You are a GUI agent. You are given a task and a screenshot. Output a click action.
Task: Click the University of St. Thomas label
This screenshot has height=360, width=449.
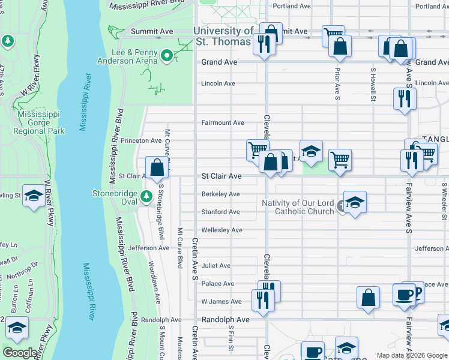tap(223, 36)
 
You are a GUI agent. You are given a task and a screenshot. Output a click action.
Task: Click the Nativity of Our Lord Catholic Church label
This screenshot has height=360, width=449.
tap(298, 207)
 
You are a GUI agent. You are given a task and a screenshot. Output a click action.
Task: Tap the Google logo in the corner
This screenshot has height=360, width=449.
tap(20, 353)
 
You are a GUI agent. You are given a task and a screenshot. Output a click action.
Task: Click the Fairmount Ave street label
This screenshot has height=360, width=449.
tap(223, 122)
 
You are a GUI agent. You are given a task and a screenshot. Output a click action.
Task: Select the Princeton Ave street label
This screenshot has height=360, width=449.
tap(141, 140)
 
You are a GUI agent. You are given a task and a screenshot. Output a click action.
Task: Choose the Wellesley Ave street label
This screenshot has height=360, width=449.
tap(221, 230)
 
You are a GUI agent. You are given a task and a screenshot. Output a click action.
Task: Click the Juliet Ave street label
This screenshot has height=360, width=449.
tap(216, 266)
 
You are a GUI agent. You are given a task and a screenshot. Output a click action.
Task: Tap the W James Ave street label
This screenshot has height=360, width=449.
tap(221, 302)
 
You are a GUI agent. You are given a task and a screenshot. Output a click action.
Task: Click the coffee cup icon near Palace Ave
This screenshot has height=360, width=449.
tap(404, 295)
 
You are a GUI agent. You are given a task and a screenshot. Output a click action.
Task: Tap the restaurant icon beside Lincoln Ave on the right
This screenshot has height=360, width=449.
tap(405, 98)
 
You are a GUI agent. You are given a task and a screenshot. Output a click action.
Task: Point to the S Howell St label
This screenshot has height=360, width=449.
tap(373, 83)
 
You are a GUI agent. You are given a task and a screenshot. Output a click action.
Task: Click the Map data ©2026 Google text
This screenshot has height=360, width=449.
tap(411, 355)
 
